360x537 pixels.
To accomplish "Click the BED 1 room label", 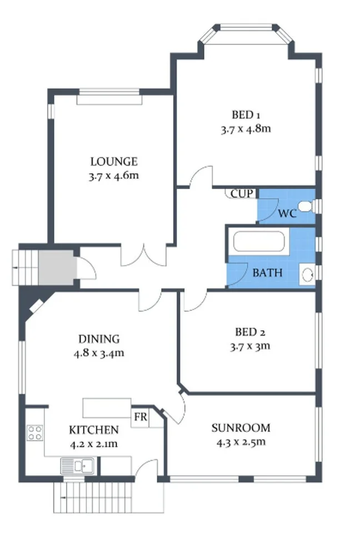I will coord(246,115).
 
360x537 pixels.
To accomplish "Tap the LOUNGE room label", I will coord(114,162).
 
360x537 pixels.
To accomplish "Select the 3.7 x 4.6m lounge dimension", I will coord(114,176).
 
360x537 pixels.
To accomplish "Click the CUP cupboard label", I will coord(242,194).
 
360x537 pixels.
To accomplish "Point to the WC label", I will coord(287,213).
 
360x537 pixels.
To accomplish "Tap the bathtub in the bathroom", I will coord(259,243).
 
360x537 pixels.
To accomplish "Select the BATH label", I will coord(267,273).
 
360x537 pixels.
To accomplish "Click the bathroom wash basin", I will coord(307,274).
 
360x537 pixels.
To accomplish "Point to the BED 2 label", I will coord(250,332).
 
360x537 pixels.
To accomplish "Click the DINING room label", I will coord(99,339).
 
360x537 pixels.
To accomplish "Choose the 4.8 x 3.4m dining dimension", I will coord(99,353).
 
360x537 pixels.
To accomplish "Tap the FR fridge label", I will coord(141,417).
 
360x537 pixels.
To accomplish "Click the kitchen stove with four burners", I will coord(35,432).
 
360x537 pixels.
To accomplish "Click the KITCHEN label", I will coord(93,430).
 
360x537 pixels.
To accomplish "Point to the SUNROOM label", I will coord(241,428).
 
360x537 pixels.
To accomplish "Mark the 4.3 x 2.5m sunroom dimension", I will coord(241,442).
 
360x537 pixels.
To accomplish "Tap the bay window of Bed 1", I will coord(245,35).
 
